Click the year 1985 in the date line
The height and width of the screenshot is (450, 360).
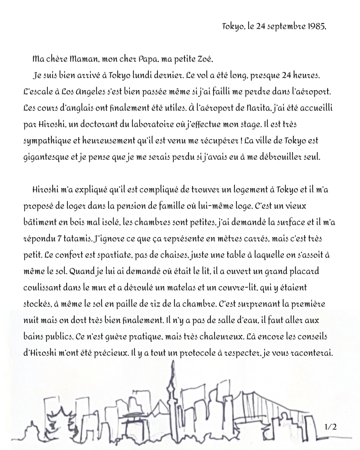[316, 27]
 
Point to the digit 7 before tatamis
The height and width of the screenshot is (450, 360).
[59, 239]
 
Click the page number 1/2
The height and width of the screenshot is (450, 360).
[330, 427]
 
